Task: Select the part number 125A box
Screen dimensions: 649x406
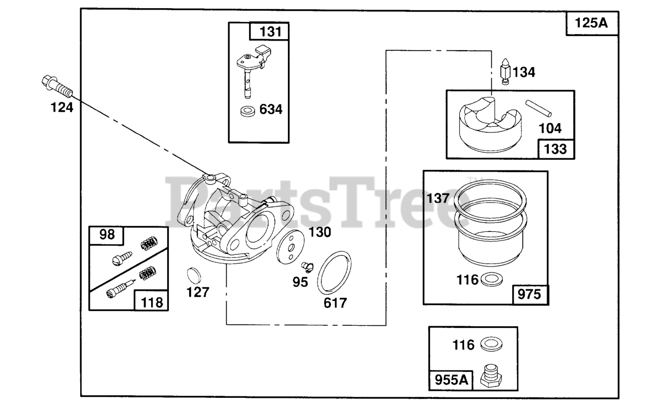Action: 592,23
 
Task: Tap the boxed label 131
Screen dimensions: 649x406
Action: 270,31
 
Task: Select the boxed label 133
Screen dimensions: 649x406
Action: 557,149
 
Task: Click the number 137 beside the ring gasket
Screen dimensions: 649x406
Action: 438,198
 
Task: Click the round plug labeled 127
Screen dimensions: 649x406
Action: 194,274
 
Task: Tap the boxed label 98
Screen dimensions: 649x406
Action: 107,235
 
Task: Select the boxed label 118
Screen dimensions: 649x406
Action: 152,302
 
